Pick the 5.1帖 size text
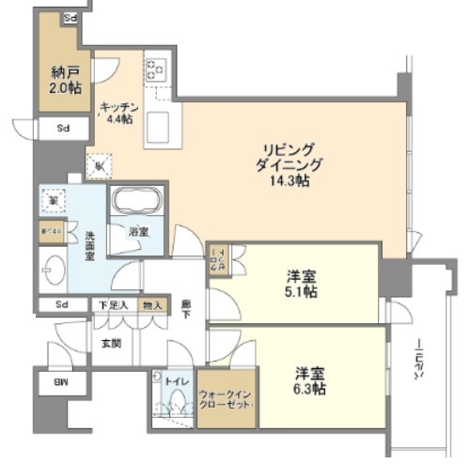click(x=301, y=292)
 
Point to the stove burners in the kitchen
click(x=154, y=70)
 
